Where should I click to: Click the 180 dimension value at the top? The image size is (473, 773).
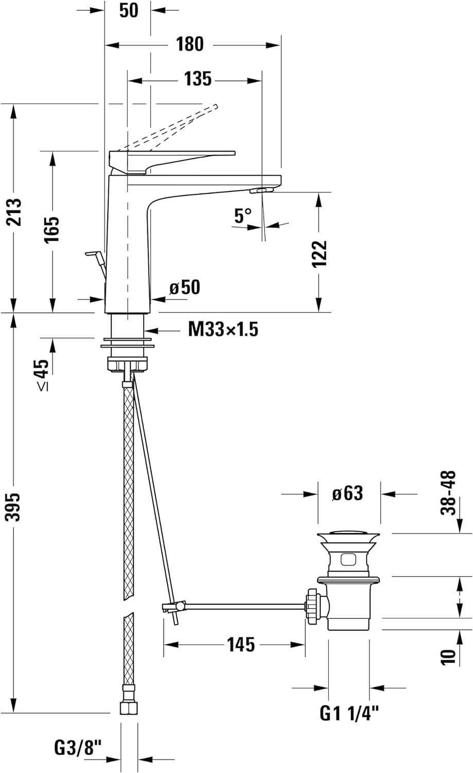[190, 44]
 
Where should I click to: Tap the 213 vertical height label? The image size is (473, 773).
[15, 212]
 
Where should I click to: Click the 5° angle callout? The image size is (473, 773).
[243, 215]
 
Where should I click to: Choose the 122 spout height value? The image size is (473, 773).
[320, 253]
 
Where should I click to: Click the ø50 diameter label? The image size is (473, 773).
[185, 288]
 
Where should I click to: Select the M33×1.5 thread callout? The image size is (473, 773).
[223, 329]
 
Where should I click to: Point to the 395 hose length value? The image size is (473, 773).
[14, 507]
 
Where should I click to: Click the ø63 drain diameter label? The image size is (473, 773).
[347, 493]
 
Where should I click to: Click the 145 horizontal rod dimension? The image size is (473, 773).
[240, 644]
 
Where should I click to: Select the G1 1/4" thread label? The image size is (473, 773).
[349, 713]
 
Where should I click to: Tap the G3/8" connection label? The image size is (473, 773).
[78, 747]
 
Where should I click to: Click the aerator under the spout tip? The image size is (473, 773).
[260, 191]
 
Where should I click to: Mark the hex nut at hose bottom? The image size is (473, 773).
[129, 708]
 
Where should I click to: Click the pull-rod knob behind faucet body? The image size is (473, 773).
[93, 254]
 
